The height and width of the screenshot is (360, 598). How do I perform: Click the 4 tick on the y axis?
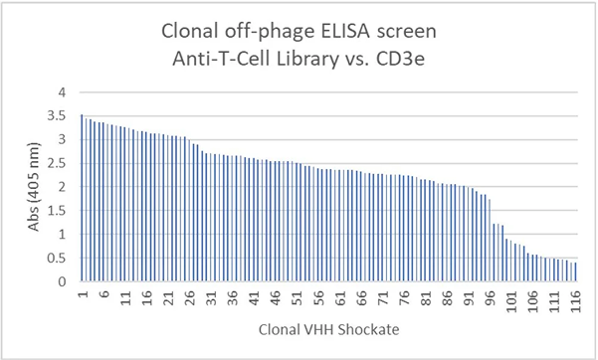66,91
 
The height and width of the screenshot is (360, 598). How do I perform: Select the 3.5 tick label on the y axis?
62,115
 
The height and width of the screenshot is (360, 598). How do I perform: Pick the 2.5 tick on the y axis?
62,163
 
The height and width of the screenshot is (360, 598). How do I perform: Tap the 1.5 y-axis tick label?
62,211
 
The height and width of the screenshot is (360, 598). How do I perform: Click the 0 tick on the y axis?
66,282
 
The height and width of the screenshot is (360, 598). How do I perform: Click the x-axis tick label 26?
189,297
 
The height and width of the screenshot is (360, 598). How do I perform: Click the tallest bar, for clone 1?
82,199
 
